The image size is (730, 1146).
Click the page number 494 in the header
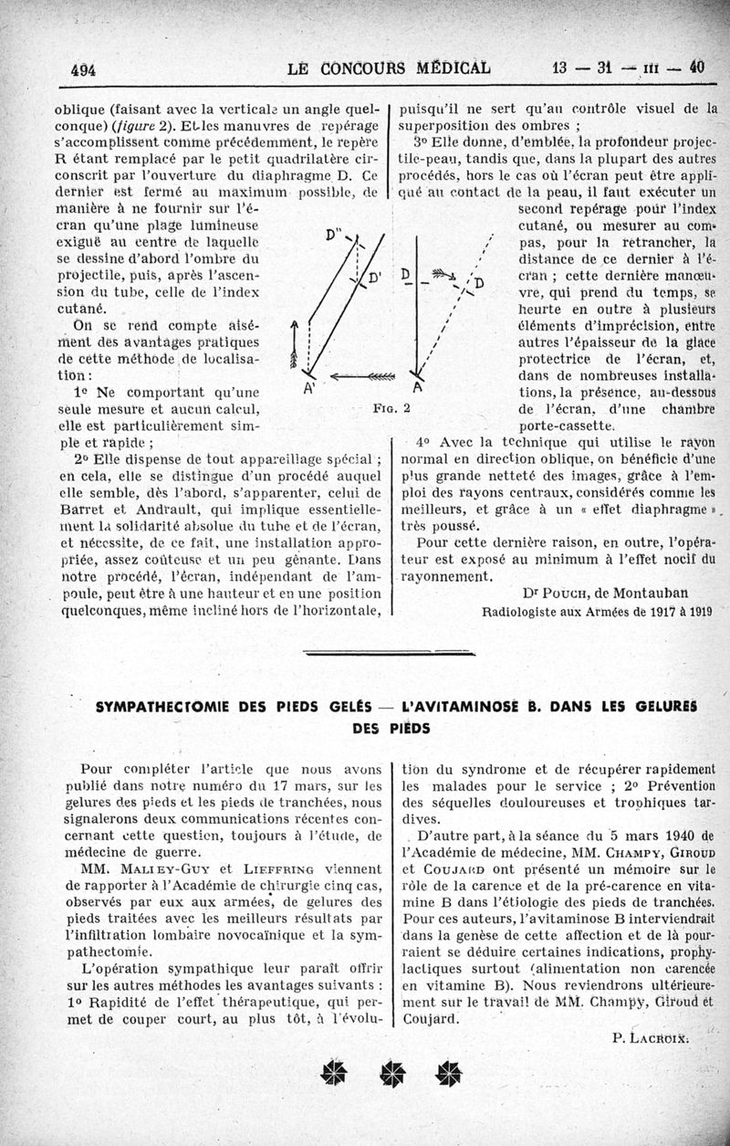click(x=84, y=69)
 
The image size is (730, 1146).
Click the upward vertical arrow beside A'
click(x=294, y=344)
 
